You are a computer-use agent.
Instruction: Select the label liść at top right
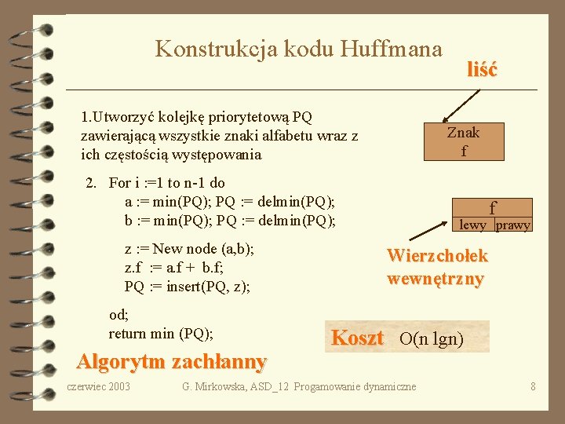pyautogui.click(x=481, y=69)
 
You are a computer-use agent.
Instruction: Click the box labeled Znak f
pyautogui.click(x=463, y=141)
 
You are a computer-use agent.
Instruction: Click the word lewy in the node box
pyautogui.click(x=473, y=225)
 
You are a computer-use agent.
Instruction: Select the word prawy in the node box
pyautogui.click(x=513, y=225)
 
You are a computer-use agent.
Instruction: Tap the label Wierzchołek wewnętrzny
pyautogui.click(x=437, y=267)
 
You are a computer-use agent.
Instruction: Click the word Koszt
pyautogui.click(x=357, y=338)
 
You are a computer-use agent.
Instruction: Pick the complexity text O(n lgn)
pyautogui.click(x=432, y=339)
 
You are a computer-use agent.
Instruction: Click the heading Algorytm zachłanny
pyautogui.click(x=171, y=362)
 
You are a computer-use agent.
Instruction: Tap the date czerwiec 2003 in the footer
pyautogui.click(x=99, y=386)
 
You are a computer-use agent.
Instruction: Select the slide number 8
pyautogui.click(x=533, y=386)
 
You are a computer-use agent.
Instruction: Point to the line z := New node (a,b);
pyautogui.click(x=189, y=250)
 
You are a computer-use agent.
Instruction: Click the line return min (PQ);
pyautogui.click(x=161, y=334)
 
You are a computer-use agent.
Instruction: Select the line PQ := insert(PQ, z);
pyautogui.click(x=188, y=286)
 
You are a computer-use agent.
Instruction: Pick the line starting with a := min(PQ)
pyautogui.click(x=230, y=202)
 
